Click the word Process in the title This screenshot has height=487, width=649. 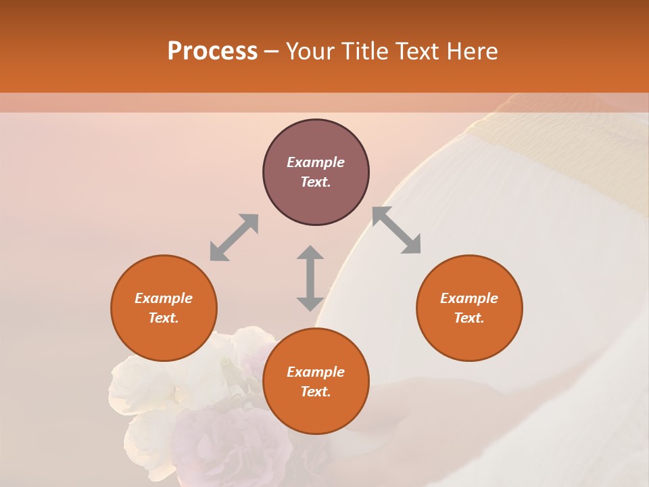(x=212, y=51)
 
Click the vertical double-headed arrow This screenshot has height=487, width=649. (x=310, y=278)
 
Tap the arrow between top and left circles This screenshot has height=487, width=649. (x=234, y=237)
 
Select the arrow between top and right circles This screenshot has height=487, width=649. (x=397, y=230)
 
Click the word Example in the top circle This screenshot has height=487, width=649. (x=316, y=162)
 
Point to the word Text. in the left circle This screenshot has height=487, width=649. (x=164, y=318)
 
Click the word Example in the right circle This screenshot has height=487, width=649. (x=469, y=298)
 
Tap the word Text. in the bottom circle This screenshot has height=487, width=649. (x=316, y=392)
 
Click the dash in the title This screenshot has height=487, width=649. (x=271, y=51)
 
